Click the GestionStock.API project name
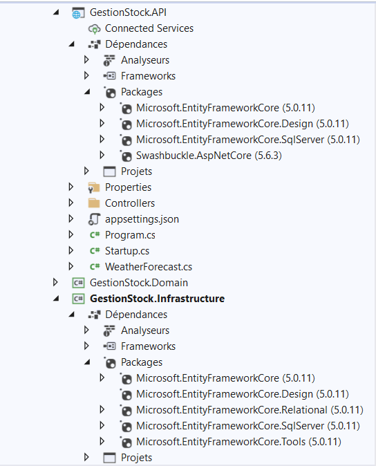[128, 12]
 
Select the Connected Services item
[149, 28]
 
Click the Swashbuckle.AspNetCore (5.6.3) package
[209, 156]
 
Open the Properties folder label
[128, 187]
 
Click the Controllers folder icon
[94, 203]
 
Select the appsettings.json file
[142, 219]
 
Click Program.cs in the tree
[130, 235]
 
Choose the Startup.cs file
[127, 251]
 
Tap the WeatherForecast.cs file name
[149, 267]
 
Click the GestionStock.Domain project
[139, 283]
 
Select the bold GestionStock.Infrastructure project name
[157, 299]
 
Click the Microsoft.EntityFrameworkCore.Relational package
[250, 410]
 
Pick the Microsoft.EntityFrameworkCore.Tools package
[238, 442]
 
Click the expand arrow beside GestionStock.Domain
[55, 282]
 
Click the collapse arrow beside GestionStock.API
[56, 12]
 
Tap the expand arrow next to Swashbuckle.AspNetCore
[102, 155]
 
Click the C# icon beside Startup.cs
[95, 251]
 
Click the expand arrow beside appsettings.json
[70, 218]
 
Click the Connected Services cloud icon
[94, 29]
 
